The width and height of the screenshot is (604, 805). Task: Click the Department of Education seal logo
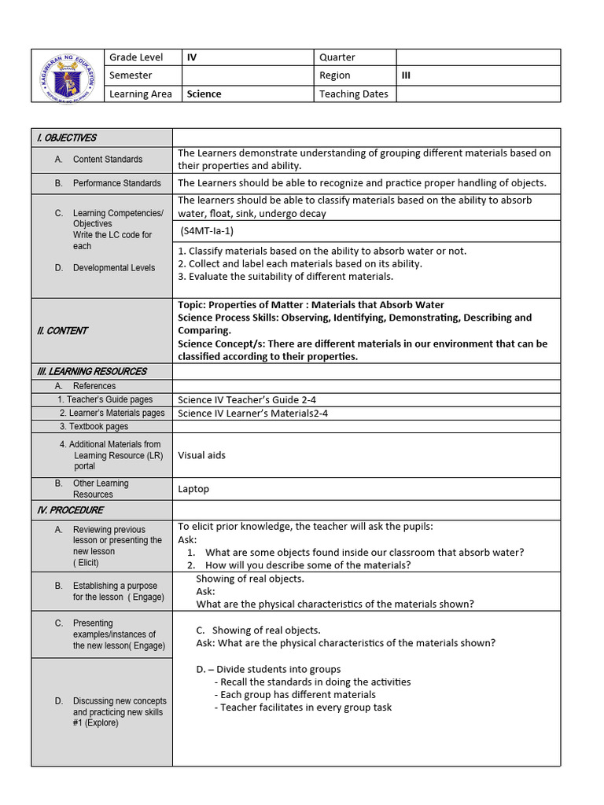point(68,75)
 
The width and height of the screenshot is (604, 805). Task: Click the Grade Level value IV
point(192,57)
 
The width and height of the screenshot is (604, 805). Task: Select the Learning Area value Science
point(204,94)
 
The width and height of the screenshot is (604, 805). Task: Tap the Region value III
point(406,75)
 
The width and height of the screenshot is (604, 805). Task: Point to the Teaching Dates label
point(353,94)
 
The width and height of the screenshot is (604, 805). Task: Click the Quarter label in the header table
point(337,57)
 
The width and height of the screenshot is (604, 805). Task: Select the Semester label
point(131,75)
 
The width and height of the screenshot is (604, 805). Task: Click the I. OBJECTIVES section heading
point(66,138)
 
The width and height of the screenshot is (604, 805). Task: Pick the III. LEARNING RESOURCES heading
point(91,371)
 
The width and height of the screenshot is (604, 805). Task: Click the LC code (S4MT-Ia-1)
point(207,231)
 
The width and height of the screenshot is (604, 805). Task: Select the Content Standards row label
point(108,160)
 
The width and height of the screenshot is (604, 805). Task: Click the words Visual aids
point(201,455)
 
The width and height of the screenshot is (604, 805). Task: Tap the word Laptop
point(193,489)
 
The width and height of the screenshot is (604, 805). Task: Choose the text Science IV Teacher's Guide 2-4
point(247,400)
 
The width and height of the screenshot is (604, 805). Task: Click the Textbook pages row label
point(94,426)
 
